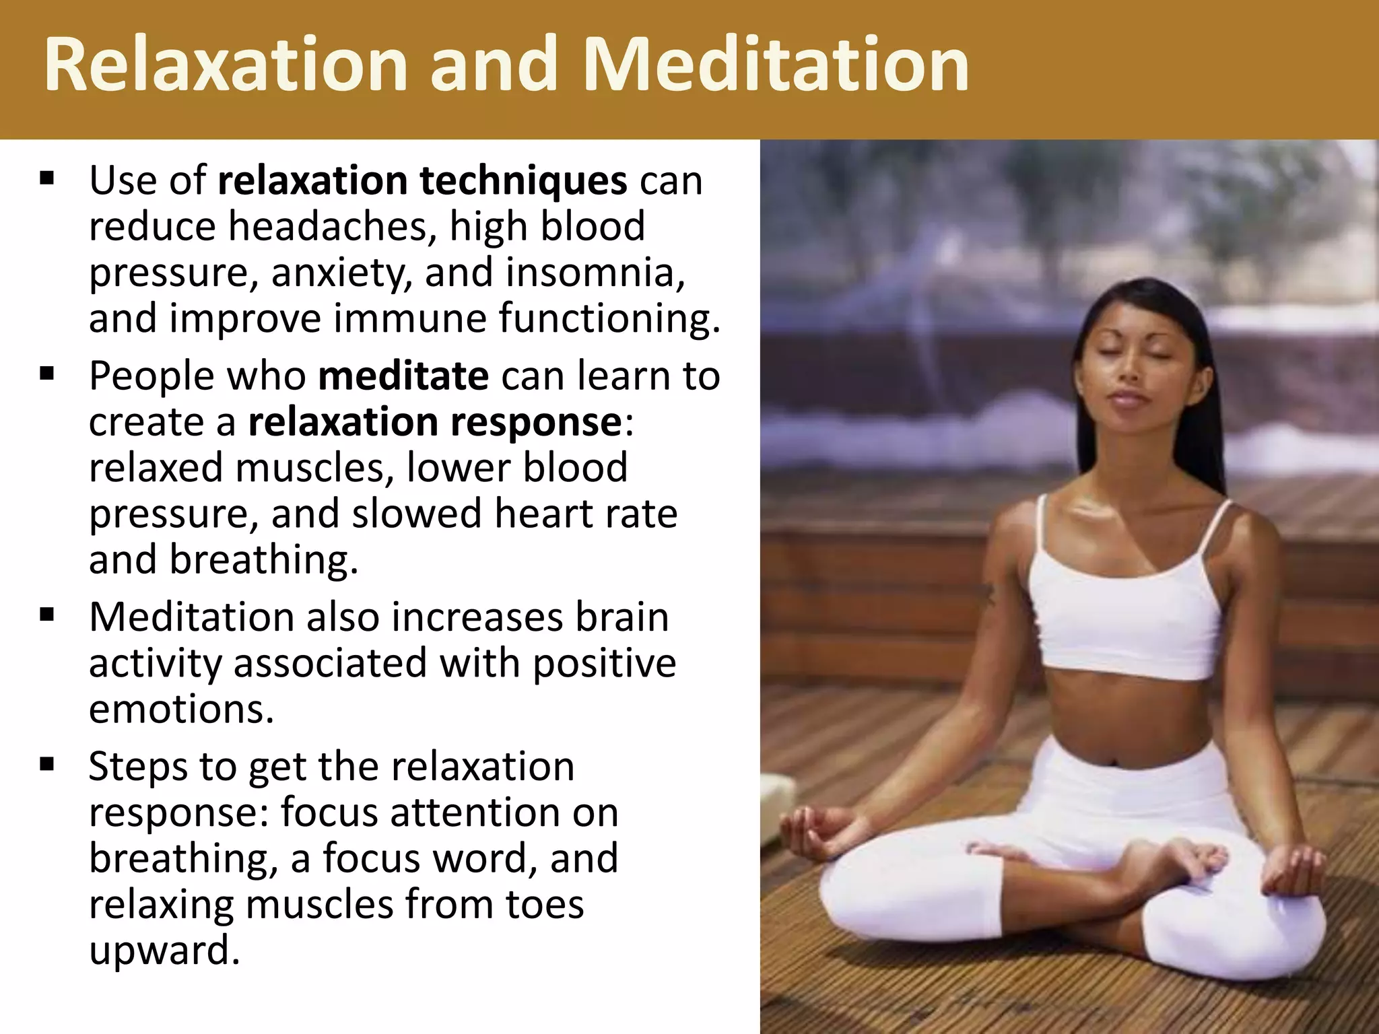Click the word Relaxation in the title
tap(226, 65)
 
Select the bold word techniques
tap(523, 182)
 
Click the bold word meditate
tap(403, 376)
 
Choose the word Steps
tap(137, 767)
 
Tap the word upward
tap(164, 951)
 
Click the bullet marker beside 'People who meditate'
tap(46, 374)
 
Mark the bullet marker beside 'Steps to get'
tap(46, 765)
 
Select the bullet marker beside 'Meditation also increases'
tap(46, 615)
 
